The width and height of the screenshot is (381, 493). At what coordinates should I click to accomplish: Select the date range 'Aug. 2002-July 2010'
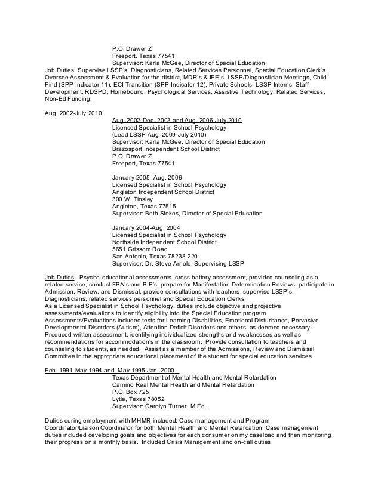[x=73, y=113]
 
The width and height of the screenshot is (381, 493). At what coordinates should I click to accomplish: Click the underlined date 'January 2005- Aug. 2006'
[x=147, y=177]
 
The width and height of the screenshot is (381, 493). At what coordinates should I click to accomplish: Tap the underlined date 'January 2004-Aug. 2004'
[x=146, y=227]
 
